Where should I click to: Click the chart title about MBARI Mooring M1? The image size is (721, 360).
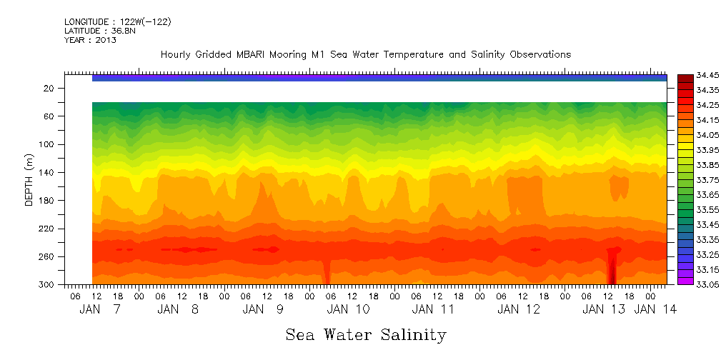pos(365,55)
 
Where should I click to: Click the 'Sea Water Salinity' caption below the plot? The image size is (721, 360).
pos(366,334)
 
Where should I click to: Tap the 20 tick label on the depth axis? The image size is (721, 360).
pos(50,89)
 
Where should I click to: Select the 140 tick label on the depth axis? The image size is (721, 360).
pos(48,173)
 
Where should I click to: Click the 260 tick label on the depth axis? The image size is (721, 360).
pos(48,257)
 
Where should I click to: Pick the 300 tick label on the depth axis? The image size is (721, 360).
pos(48,285)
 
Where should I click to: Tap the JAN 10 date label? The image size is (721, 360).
pos(348,309)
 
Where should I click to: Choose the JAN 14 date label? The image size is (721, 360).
pos(656,309)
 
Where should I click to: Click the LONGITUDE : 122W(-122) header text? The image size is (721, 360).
pos(117,22)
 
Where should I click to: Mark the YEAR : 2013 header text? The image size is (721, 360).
pos(90,40)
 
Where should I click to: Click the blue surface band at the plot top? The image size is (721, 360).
pos(379,78)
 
